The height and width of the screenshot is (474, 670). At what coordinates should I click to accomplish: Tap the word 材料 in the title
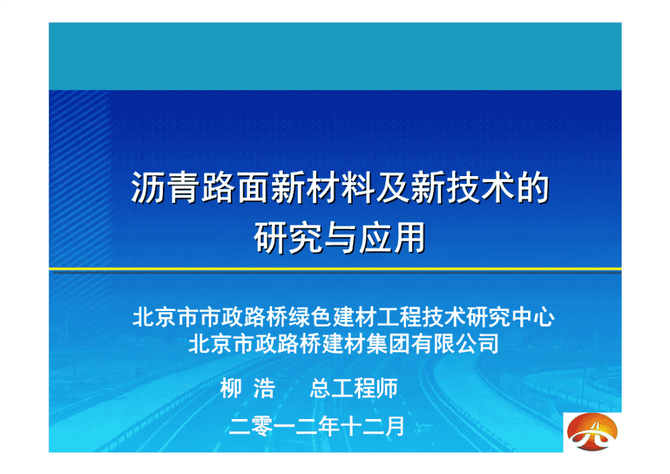tap(340, 188)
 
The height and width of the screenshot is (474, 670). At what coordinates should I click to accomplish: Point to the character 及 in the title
tap(393, 188)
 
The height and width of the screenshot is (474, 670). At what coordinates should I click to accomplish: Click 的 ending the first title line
tap(532, 188)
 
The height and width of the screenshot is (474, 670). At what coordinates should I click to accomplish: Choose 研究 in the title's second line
tap(288, 238)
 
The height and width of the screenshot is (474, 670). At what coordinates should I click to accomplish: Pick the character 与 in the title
tap(340, 238)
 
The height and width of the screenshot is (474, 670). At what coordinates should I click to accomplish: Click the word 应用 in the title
tap(393, 238)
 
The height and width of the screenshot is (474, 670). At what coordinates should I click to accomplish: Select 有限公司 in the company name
tap(455, 344)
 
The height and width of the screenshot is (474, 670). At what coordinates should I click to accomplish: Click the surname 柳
tap(231, 388)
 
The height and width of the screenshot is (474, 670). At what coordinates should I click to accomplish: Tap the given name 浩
tap(264, 388)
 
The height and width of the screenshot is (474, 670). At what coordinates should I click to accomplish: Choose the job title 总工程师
tap(354, 388)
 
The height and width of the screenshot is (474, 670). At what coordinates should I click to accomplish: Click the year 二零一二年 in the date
tap(283, 426)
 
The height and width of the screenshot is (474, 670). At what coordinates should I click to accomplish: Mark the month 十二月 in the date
tap(372, 426)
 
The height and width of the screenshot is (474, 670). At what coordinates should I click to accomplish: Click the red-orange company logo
tap(591, 431)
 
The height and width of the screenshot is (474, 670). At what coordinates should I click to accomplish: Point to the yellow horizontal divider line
tap(335, 269)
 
